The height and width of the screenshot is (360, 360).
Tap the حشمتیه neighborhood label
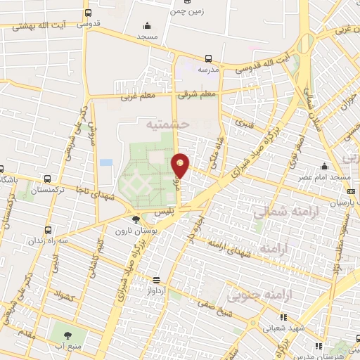coord(170,124)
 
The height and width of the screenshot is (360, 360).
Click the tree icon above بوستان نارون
coord(136,220)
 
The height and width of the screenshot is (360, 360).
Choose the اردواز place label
coord(155,289)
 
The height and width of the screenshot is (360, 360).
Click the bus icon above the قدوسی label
coord(88,13)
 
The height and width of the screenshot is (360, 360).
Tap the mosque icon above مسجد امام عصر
coord(324,166)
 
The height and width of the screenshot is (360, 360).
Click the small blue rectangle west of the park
coord(106,162)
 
